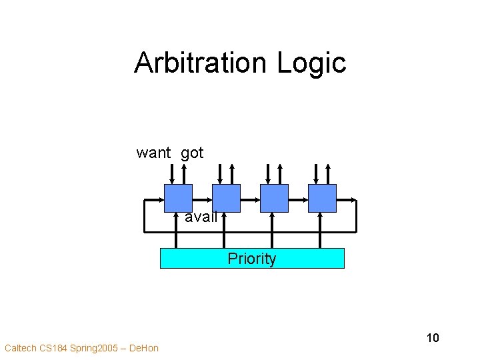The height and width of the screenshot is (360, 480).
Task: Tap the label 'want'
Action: tap(154, 153)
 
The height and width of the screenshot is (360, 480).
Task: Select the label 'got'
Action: tap(192, 153)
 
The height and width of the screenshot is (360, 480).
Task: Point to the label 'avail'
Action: tap(201, 217)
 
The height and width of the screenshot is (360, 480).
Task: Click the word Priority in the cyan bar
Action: tap(252, 259)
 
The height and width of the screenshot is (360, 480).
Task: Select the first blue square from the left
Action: tap(178, 198)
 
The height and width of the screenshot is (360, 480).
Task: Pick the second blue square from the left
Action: tap(226, 198)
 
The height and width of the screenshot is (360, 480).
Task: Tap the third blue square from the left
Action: tap(274, 198)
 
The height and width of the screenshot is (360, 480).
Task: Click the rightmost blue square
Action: tap(322, 198)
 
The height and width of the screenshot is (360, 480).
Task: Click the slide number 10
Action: tap(433, 338)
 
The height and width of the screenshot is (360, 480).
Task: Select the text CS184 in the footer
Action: tap(54, 348)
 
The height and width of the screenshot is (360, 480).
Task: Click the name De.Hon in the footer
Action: tap(144, 348)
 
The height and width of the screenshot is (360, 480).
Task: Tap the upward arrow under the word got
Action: tap(184, 173)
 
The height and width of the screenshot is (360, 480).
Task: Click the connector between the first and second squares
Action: tap(202, 199)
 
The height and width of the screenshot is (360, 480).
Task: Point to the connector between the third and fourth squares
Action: tap(298, 199)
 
